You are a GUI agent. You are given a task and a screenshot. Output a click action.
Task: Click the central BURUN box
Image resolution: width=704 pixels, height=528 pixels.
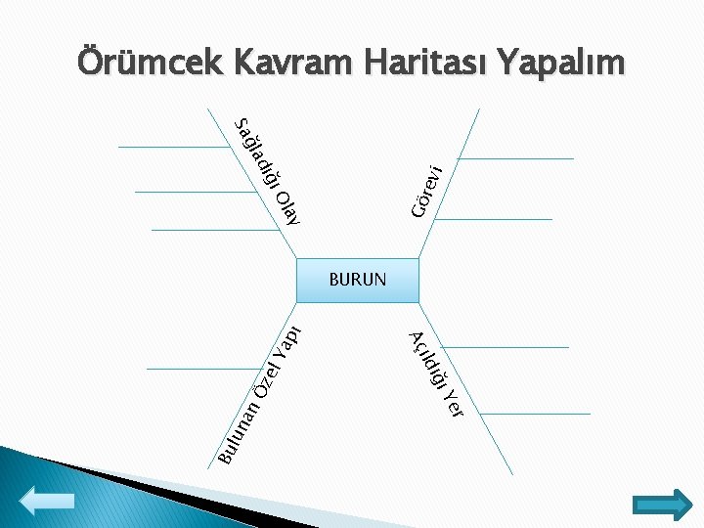pos(358,280)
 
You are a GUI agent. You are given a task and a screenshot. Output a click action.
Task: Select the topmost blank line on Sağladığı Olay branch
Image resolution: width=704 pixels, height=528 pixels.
pos(174,147)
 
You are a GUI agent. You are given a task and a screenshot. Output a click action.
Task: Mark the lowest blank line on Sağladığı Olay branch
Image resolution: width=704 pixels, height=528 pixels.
pos(215,231)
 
